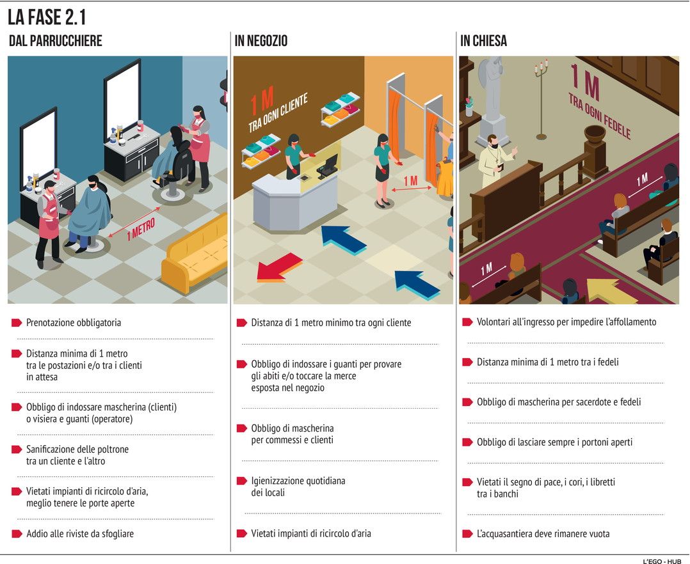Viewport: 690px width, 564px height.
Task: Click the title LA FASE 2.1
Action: [x=47, y=17]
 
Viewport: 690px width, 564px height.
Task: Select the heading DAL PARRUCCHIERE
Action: [x=56, y=41]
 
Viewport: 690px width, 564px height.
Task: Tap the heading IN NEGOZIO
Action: [x=261, y=41]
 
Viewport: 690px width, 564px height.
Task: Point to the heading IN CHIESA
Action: [x=484, y=41]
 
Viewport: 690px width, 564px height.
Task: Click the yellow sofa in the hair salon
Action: [x=196, y=253]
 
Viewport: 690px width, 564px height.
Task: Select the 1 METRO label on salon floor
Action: [x=141, y=230]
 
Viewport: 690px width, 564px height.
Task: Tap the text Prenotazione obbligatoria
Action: [x=74, y=323]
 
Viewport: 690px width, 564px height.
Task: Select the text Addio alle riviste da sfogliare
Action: [x=80, y=534]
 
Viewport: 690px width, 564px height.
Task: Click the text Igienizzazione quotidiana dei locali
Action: [x=298, y=487]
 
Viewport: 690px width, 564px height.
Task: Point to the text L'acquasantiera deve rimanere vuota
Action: [x=543, y=534]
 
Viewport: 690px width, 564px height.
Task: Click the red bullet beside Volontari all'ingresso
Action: [x=467, y=322]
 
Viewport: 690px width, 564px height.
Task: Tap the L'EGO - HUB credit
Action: [x=665, y=561]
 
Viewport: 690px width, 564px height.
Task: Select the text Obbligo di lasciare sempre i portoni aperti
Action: [x=554, y=443]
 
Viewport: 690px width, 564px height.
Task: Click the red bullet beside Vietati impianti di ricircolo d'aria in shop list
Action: [x=241, y=534]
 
